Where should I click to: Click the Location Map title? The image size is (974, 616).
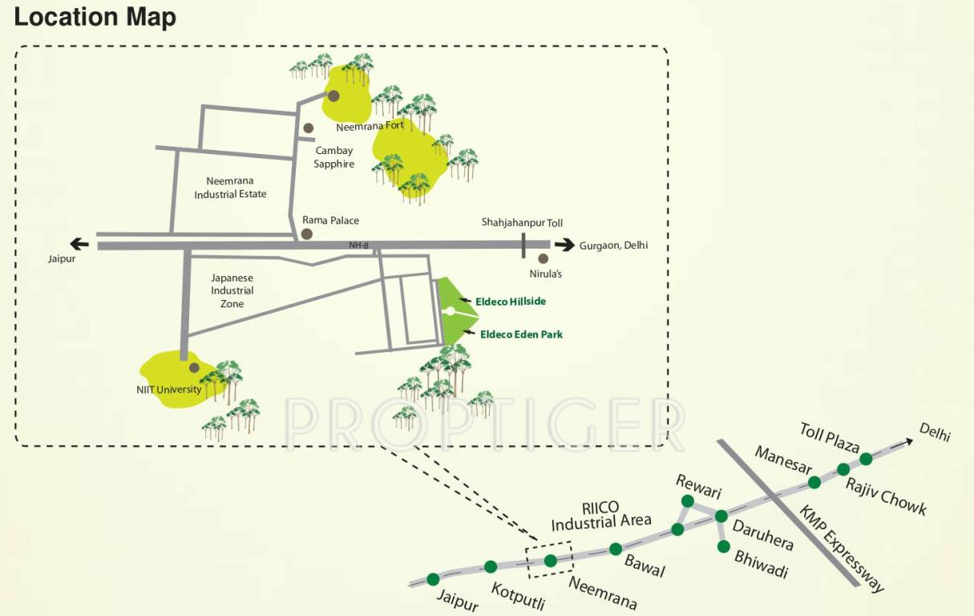tap(95, 17)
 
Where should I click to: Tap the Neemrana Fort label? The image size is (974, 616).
tap(370, 126)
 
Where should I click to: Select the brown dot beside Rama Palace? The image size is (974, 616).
tap(305, 234)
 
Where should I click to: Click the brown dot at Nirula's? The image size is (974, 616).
tap(544, 258)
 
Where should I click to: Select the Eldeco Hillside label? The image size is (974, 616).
tap(511, 301)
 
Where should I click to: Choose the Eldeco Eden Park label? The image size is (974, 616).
tap(521, 334)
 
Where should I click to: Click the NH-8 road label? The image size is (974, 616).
tap(358, 245)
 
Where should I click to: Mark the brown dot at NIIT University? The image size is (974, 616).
tap(193, 367)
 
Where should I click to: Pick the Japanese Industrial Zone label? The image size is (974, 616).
tap(232, 290)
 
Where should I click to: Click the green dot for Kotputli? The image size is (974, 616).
tap(491, 567)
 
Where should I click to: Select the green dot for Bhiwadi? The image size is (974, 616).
tap(724, 546)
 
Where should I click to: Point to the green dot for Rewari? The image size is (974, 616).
tap(687, 501)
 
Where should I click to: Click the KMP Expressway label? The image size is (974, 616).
tap(842, 549)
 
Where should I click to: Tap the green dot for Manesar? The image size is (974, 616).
tap(814, 482)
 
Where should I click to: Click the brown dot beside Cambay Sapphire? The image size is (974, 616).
tap(308, 128)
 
